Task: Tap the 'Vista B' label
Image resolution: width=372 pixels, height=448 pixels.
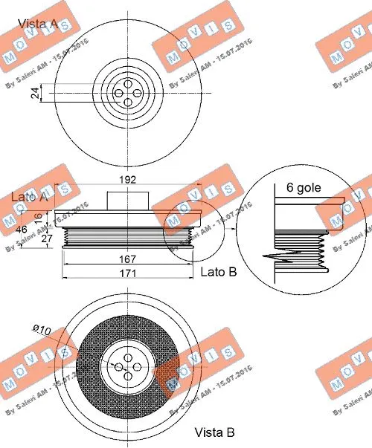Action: coord(216,432)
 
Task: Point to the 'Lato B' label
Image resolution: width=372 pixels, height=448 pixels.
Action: coord(219,272)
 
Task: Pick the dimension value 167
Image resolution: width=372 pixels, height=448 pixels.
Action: coord(128,259)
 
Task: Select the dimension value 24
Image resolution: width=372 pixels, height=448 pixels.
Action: coord(33,92)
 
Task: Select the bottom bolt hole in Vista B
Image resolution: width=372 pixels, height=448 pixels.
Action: coord(128,377)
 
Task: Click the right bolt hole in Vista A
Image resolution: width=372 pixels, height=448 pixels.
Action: coord(140,93)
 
